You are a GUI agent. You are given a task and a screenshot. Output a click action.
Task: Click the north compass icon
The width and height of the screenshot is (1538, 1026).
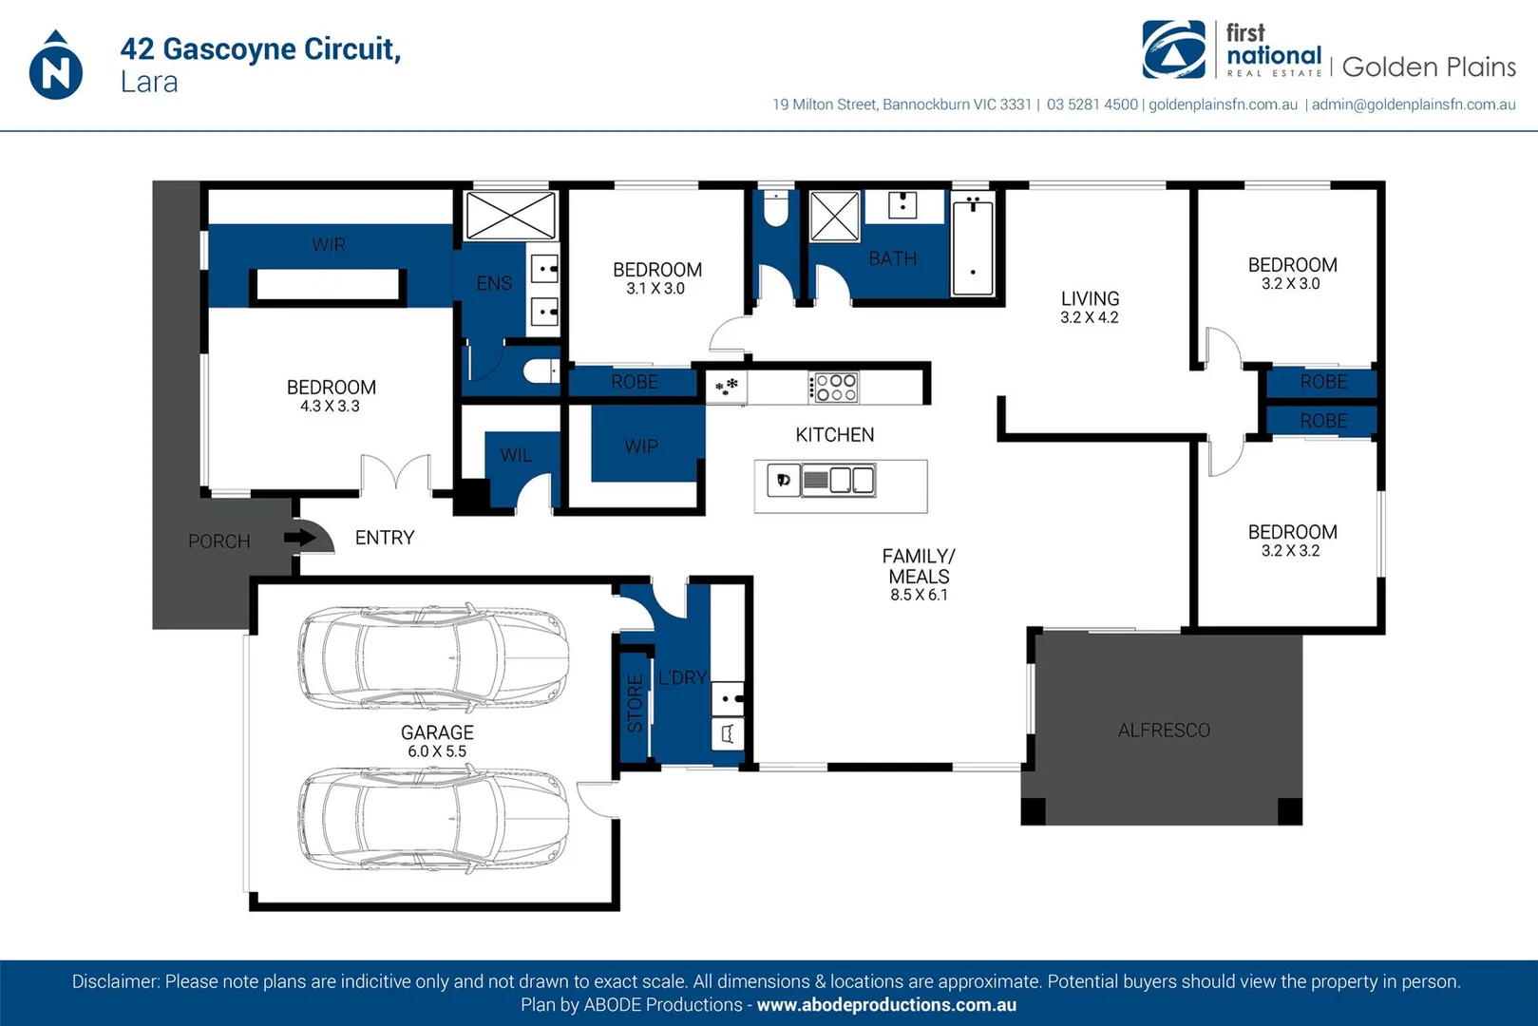pyautogui.click(x=56, y=66)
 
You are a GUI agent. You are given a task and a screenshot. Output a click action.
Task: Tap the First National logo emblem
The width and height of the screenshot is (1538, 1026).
pyautogui.click(x=1173, y=49)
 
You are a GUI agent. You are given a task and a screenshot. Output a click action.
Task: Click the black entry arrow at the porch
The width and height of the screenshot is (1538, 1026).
pyautogui.click(x=300, y=537)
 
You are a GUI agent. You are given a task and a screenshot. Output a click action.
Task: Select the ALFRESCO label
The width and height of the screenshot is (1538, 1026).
pyautogui.click(x=1164, y=730)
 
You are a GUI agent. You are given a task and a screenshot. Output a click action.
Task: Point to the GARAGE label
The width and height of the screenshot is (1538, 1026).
pyautogui.click(x=437, y=732)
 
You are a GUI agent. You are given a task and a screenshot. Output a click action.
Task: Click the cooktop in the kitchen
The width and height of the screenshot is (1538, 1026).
pyautogui.click(x=833, y=387)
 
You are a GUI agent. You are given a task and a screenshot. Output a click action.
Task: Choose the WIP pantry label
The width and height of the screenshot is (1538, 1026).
pyautogui.click(x=641, y=446)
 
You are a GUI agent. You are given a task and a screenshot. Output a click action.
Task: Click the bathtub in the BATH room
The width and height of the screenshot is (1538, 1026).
pyautogui.click(x=973, y=246)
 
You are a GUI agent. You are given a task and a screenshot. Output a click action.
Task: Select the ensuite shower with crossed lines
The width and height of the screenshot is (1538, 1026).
pyautogui.click(x=511, y=216)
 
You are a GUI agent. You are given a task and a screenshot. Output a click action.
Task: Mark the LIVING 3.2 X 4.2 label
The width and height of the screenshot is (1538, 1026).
pyautogui.click(x=1090, y=307)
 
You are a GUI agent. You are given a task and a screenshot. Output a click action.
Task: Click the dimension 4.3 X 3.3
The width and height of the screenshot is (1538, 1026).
pyautogui.click(x=330, y=406)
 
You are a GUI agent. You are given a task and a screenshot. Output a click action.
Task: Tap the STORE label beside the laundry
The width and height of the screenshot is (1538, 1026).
pyautogui.click(x=636, y=703)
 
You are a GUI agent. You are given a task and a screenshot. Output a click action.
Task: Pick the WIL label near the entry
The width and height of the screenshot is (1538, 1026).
pyautogui.click(x=516, y=455)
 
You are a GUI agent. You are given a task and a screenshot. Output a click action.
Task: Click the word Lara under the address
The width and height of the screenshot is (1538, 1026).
pyautogui.click(x=149, y=83)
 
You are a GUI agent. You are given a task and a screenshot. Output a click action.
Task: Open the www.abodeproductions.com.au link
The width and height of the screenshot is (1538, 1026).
pyautogui.click(x=886, y=1005)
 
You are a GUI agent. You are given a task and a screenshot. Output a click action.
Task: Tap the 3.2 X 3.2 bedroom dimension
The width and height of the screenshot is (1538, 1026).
pyautogui.click(x=1291, y=551)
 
